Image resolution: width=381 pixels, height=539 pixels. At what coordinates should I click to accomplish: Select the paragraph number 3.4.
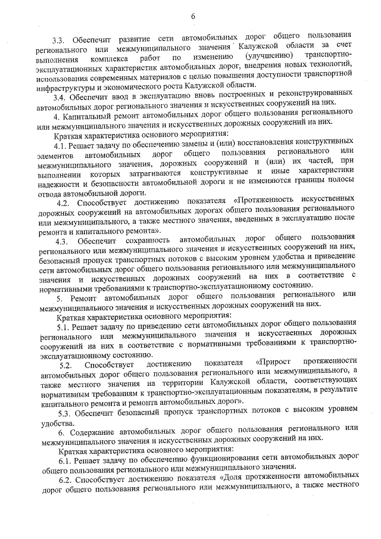pyautogui.click(x=60, y=96)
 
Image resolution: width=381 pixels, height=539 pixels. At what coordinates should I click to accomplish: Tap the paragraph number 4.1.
pyautogui.click(x=61, y=146)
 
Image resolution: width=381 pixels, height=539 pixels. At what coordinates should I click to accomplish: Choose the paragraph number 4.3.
pyautogui.click(x=63, y=240)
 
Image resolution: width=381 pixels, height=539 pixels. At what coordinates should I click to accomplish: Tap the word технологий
pyautogui.click(x=332, y=68)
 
